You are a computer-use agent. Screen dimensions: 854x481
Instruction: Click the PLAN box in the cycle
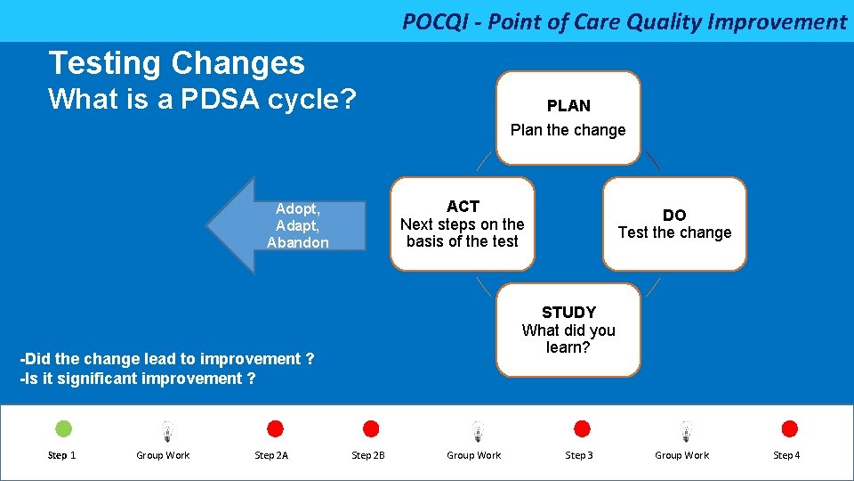pos(568,118)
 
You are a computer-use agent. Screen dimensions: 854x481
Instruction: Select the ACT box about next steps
pos(463,224)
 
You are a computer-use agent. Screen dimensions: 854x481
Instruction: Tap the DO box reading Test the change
pos(674,224)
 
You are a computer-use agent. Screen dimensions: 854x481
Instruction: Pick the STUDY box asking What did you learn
pos(568,330)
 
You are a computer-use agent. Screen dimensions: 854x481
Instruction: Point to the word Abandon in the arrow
pos(297,242)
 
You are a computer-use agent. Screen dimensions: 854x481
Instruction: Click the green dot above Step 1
pos(63,429)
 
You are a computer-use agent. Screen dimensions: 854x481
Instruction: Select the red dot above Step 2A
pos(275,429)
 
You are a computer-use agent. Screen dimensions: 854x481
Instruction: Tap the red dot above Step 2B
pos(371,429)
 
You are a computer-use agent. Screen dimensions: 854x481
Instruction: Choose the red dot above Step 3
pos(582,429)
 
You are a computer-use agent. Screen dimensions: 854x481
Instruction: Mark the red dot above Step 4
pos(789,429)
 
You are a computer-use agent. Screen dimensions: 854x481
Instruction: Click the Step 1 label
pos(61,455)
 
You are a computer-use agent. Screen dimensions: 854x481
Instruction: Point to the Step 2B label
pos(368,455)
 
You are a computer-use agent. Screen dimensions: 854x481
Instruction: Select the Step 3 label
pos(578,455)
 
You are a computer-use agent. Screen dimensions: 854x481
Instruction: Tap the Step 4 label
pos(786,455)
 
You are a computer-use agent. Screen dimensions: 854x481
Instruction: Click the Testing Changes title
pos(176,62)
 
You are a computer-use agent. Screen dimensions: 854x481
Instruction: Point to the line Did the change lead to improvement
pos(167,359)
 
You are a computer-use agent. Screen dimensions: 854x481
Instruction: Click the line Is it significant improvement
pos(138,379)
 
